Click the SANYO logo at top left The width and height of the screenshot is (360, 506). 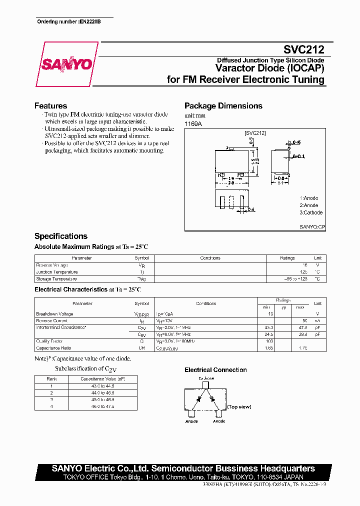click(66, 64)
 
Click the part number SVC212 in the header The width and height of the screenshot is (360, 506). click(304, 49)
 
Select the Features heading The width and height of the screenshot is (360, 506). click(50, 106)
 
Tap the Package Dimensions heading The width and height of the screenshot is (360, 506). click(223, 106)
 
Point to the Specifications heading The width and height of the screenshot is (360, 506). click(60, 236)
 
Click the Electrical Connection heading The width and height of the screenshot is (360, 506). click(215, 370)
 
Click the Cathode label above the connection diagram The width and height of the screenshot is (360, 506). click(206, 378)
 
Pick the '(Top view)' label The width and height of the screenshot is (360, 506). click(239, 407)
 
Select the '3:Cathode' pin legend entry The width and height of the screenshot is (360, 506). click(311, 212)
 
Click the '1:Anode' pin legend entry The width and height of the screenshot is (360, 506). click(309, 198)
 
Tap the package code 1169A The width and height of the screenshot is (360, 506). click(192, 123)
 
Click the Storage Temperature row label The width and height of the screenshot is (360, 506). click(56, 279)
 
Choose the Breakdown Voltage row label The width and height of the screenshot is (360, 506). click(54, 314)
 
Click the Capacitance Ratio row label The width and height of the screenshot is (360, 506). click(53, 347)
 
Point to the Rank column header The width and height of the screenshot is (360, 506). click(51, 379)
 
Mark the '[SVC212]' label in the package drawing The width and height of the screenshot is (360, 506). click(255, 133)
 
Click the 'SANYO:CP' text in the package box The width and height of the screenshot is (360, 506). click(312, 226)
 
